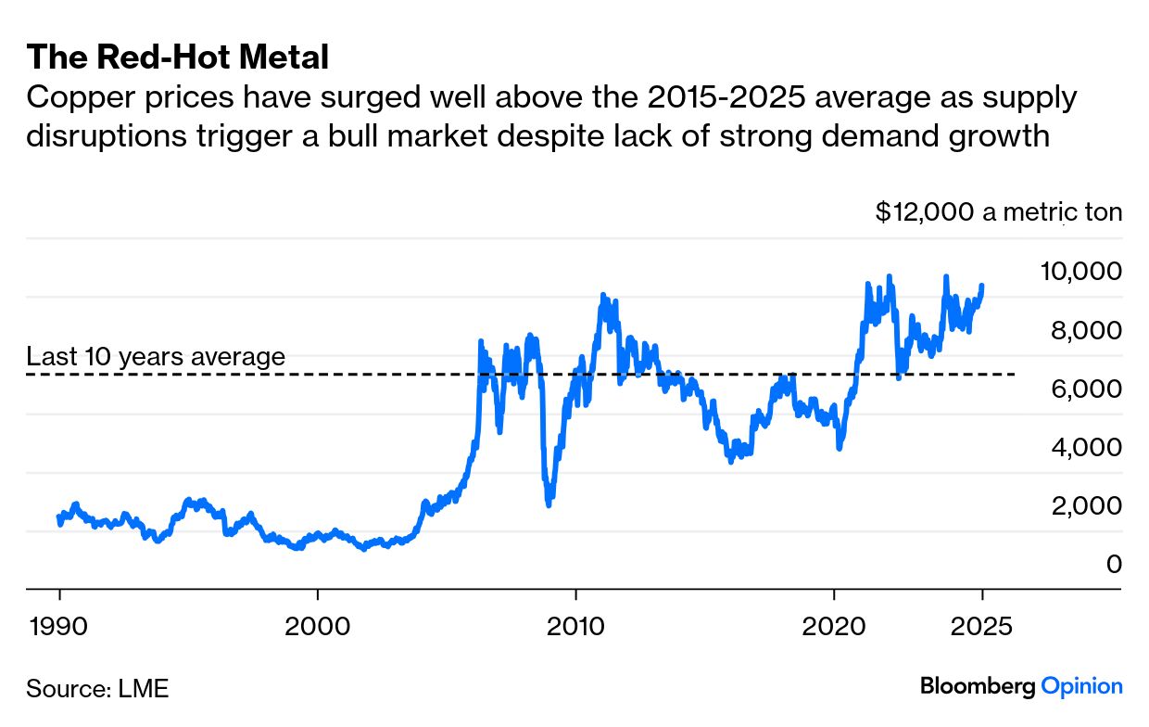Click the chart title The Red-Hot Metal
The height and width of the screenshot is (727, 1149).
pyautogui.click(x=177, y=57)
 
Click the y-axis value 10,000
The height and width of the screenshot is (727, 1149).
pyautogui.click(x=1081, y=272)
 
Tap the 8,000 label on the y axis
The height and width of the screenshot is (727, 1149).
pyautogui.click(x=1086, y=330)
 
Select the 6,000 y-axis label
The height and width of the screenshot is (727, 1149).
pyautogui.click(x=1086, y=389)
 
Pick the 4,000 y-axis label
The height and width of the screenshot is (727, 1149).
pyautogui.click(x=1086, y=447)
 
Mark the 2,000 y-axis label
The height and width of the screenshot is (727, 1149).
pyautogui.click(x=1086, y=505)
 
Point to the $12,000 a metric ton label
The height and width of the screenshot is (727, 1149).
pyautogui.click(x=998, y=212)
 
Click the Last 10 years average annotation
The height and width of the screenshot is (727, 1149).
pyautogui.click(x=156, y=356)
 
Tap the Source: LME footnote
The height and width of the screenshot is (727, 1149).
pyautogui.click(x=97, y=688)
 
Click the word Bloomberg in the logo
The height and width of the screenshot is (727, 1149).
pyautogui.click(x=977, y=686)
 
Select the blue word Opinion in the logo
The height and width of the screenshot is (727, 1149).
pyautogui.click(x=1081, y=686)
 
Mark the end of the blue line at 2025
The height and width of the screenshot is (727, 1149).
pyautogui.click(x=982, y=286)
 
